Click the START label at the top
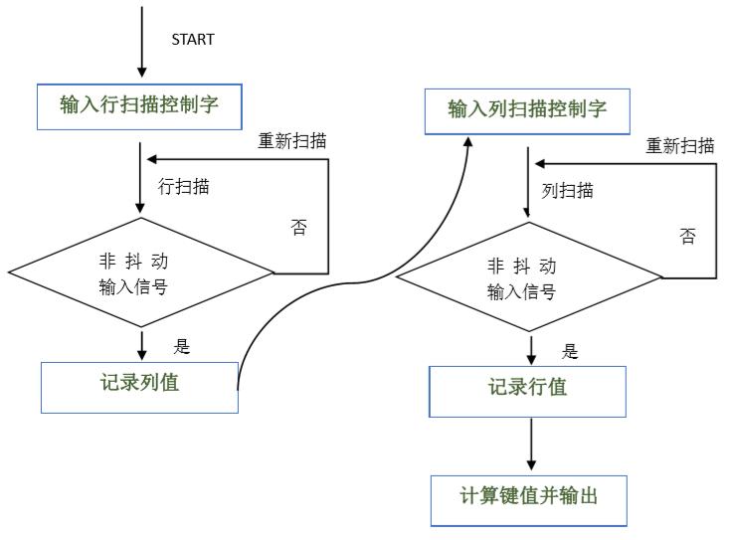point(193,39)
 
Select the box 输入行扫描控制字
point(139,105)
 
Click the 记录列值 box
point(139,386)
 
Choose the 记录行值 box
point(527,391)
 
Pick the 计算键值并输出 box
point(529,499)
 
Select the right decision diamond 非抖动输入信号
point(529,277)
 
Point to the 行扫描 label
point(184,186)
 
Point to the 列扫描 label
point(568,191)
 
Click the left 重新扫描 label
point(292,141)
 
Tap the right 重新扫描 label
point(680,146)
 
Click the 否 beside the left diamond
point(298,227)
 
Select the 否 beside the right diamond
point(687,236)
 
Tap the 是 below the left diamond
point(182,346)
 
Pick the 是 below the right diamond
point(570,351)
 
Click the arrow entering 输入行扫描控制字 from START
point(141,45)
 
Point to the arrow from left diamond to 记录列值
point(143,344)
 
